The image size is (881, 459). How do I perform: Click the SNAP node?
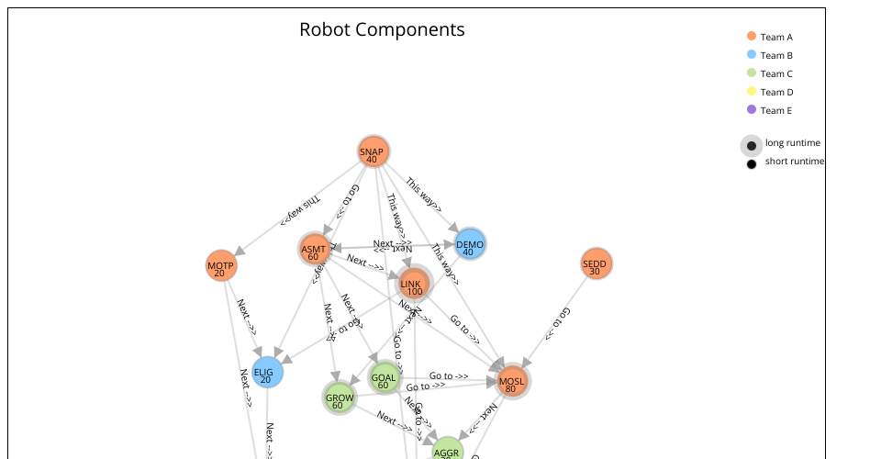pos(372,153)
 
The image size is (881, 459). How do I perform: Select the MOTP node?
pos(220,266)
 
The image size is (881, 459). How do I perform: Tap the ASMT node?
pos(314,250)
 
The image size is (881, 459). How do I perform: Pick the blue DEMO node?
pos(469,244)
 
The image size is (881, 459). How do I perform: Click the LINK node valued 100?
pos(414,285)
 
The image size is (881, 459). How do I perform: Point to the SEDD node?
pos(596,264)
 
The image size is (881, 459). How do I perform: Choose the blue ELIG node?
pos(267,373)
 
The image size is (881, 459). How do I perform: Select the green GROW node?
pos(339,398)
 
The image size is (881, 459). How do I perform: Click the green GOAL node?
pos(385,377)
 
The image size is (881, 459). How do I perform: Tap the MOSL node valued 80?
pos(513,381)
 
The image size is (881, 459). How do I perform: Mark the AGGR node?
pos(447,452)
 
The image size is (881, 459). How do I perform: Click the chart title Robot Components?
pos(382,29)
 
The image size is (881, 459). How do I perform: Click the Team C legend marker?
pos(752,73)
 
